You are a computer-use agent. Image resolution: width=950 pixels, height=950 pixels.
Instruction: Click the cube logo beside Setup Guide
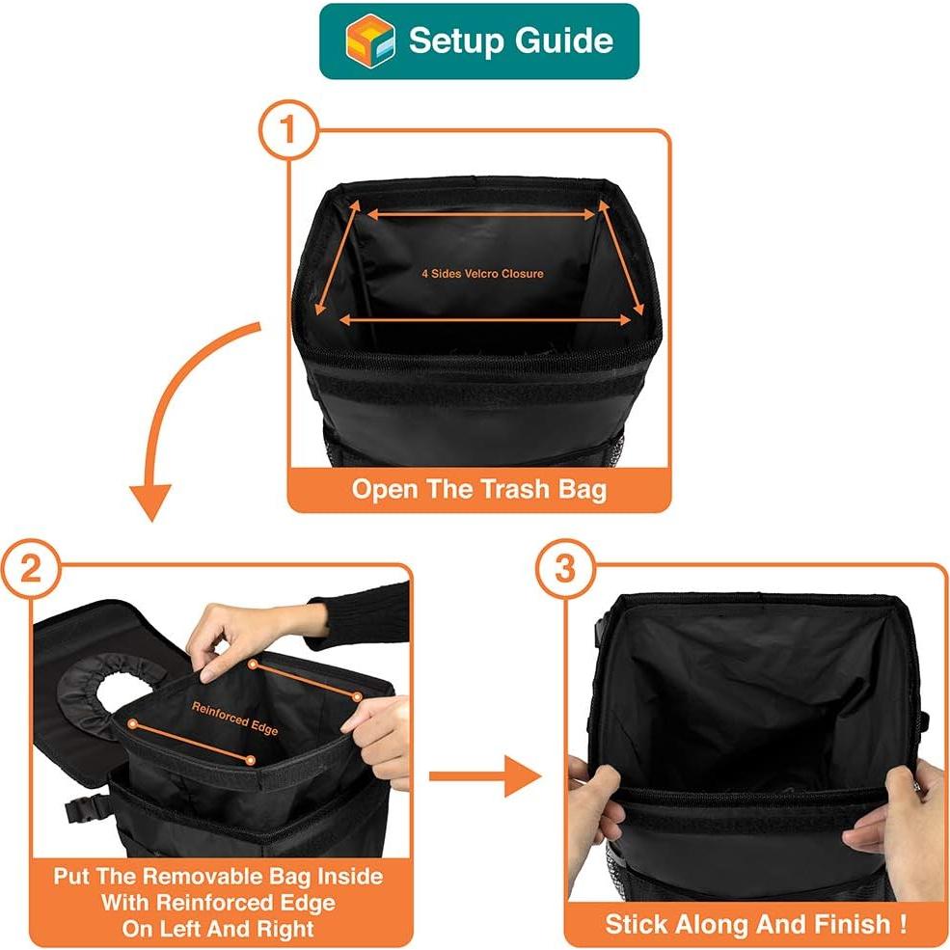pyautogui.click(x=370, y=41)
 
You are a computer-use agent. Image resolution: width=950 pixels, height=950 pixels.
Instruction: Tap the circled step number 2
pyautogui.click(x=30, y=568)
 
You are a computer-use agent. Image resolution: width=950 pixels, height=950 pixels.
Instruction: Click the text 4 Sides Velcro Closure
pyautogui.click(x=482, y=274)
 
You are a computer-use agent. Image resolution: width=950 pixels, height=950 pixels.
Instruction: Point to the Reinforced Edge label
pyautogui.click(x=234, y=719)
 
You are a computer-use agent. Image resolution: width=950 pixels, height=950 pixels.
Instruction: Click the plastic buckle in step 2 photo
pyautogui.click(x=81, y=810)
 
